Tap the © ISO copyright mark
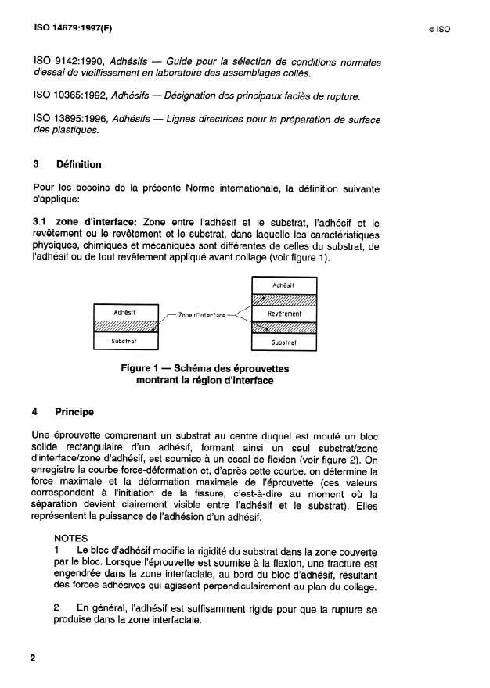[439, 30]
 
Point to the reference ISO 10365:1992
[71, 96]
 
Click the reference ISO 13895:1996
[71, 119]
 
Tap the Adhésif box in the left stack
[125, 312]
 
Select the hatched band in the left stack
[125, 326]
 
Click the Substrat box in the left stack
[125, 341]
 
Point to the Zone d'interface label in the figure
[201, 315]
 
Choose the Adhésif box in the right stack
[283, 286]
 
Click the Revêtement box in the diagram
[283, 314]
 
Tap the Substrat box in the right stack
[283, 342]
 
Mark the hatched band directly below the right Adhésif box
[283, 300]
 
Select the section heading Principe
[74, 411]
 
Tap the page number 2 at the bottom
[33, 658]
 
